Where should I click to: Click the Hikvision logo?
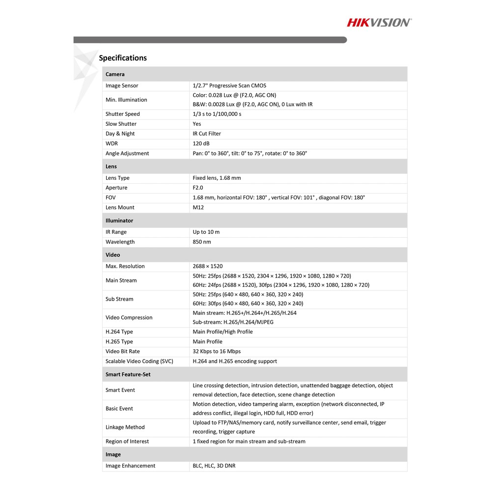point(379,22)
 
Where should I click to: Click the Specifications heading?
point(123,58)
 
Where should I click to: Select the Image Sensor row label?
point(122,85)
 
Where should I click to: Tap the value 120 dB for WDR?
point(201,143)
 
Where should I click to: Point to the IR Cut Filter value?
point(207,134)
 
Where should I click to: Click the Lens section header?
point(111,167)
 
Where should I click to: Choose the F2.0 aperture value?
point(197,188)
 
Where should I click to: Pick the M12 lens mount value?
point(198,207)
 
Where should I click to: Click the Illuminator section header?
point(119,221)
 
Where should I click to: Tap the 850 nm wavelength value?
point(201,242)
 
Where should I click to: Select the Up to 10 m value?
point(206,232)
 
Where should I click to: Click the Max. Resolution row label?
point(125,266)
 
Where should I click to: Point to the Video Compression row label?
point(129,317)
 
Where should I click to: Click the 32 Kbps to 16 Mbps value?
point(217,351)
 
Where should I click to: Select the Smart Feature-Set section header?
point(128,374)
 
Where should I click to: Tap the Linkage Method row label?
point(125,427)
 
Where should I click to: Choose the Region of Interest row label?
point(127,441)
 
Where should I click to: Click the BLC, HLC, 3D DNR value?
point(214,466)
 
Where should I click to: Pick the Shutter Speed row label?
point(123,114)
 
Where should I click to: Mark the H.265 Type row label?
point(119,341)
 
